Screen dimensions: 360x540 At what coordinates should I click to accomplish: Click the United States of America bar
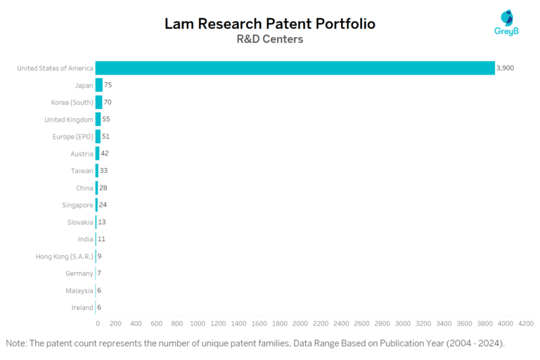point(295,68)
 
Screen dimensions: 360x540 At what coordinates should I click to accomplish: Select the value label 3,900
point(505,68)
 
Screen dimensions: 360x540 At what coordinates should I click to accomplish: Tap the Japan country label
point(84,85)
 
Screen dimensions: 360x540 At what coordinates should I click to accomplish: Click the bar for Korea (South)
point(99,102)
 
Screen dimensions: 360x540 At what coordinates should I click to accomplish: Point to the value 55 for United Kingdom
point(106,120)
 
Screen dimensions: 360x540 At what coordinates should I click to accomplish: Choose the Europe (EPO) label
point(72,136)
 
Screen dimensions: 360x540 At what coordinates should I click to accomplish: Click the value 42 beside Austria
point(104,153)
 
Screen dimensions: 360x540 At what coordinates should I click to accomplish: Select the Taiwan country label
point(81,171)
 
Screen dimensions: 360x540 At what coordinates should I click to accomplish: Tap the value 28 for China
point(103,188)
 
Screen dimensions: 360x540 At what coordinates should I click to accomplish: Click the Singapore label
point(77,205)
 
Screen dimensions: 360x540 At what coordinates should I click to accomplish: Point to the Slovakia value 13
point(102,222)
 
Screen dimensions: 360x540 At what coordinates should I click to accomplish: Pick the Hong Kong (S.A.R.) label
point(64,257)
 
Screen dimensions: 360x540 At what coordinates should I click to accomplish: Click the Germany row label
point(79,274)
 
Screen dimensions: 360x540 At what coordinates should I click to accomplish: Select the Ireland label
point(82,307)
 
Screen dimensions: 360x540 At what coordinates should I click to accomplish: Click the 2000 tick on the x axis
point(300,323)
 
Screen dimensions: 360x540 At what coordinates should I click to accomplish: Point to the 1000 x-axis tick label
point(198,323)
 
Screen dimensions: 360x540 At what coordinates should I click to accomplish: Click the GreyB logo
point(506,23)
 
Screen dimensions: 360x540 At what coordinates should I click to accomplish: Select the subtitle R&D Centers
point(270,39)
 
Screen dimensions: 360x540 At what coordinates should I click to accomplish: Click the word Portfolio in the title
point(340,23)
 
